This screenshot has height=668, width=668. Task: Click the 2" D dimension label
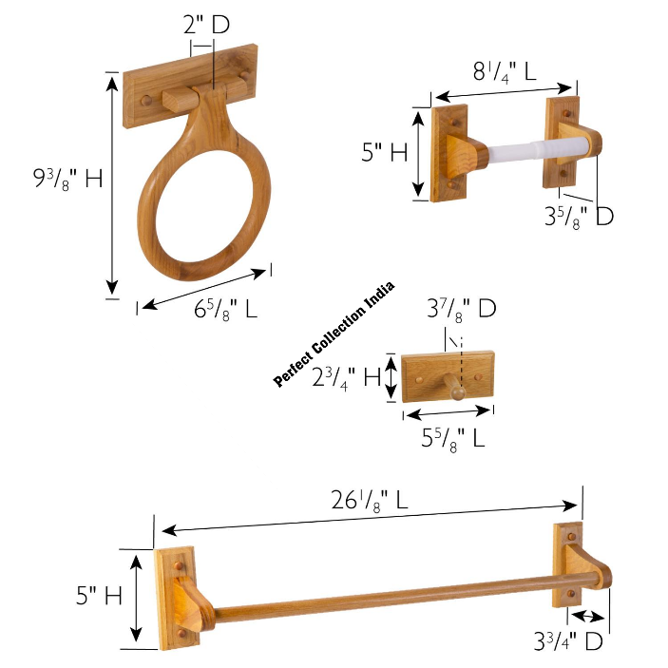pos(206,25)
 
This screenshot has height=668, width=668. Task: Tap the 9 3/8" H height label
pos(68,179)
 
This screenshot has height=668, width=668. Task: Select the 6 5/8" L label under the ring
pos(225,309)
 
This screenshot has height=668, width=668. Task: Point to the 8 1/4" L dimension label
pos(505,71)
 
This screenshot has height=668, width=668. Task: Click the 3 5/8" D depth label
pos(579,217)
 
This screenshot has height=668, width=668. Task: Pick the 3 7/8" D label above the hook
pos(462,309)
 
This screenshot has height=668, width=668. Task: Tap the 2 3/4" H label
pos(346,378)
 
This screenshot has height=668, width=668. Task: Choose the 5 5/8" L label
pos(453,438)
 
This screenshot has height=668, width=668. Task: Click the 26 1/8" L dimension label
pos(370,500)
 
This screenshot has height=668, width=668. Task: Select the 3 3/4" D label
pos(568,640)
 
